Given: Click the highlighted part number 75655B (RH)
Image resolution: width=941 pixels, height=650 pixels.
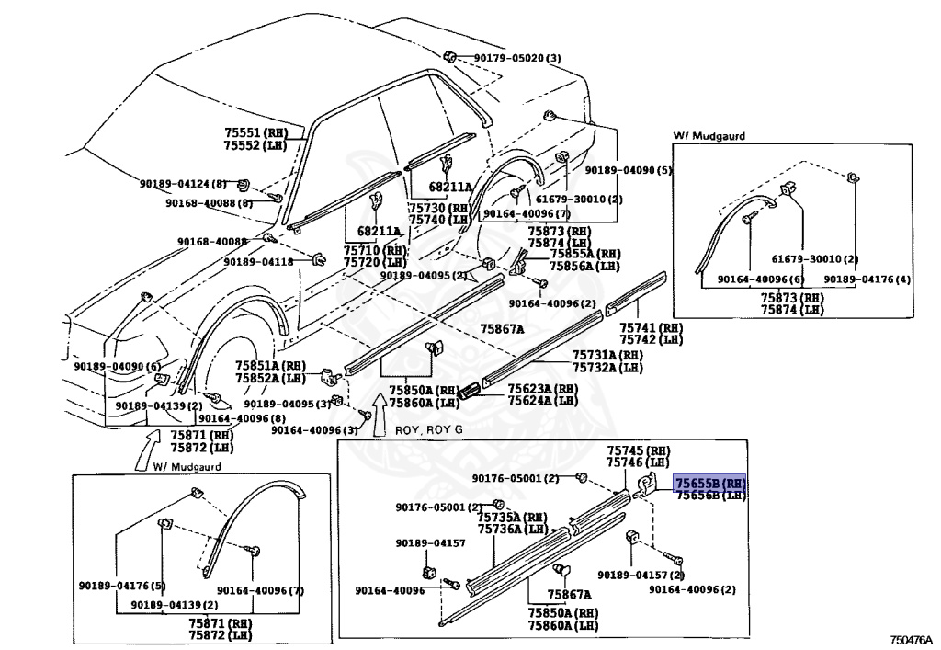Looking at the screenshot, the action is point(710,484).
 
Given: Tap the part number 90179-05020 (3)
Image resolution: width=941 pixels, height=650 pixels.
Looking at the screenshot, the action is point(517,58).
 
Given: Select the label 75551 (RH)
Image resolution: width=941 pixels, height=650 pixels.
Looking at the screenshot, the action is point(256,133).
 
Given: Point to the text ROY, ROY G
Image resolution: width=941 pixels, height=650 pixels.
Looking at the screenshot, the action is point(428,430).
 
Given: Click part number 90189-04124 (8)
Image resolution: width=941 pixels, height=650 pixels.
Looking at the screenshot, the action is point(183,184).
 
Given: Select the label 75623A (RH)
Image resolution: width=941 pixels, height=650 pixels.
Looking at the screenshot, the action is point(543,389).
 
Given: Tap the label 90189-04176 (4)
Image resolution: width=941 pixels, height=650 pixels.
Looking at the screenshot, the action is point(867,279).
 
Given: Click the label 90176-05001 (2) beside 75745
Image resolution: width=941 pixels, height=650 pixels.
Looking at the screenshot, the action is point(516,478).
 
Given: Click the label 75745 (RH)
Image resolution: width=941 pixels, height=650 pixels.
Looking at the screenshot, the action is point(638,450).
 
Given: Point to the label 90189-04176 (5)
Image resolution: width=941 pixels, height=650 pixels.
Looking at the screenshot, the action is point(122,586).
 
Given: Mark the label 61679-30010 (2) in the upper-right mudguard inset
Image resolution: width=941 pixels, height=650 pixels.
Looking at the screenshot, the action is point(815,259).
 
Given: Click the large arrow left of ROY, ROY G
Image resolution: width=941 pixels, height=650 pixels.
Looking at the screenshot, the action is point(380,414).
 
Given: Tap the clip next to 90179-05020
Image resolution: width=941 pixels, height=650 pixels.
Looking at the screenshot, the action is point(450,57).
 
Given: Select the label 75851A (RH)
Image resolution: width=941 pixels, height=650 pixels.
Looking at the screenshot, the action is point(270,366).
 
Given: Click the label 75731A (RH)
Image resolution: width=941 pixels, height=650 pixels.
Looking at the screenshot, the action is point(607,356).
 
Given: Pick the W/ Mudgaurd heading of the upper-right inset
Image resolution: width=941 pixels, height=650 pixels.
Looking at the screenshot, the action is point(709,136).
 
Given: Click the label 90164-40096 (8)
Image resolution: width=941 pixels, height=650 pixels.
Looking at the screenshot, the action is point(242,418).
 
